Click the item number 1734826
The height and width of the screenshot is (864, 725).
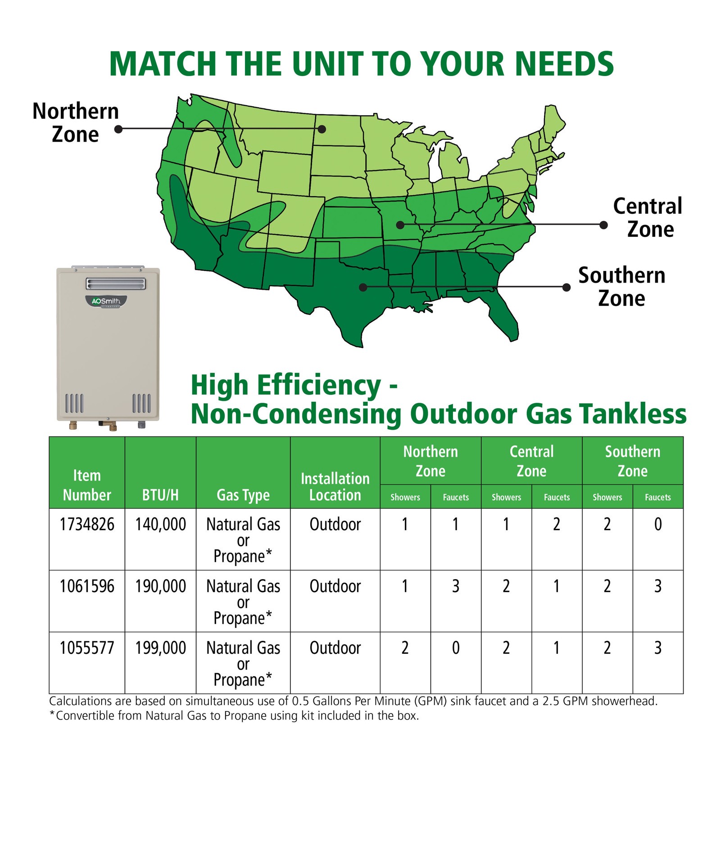[x=87, y=524]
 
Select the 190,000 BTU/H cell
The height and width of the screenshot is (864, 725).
[x=160, y=586]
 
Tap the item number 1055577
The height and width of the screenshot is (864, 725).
[x=87, y=648]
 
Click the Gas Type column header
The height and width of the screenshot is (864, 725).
[x=243, y=495]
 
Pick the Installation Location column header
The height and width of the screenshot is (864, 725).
[x=335, y=486]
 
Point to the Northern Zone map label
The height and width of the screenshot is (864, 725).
[x=76, y=123]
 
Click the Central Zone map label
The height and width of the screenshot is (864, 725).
[x=648, y=218]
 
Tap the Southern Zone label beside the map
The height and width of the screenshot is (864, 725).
[x=622, y=287]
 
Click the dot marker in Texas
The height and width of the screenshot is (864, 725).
[x=363, y=287]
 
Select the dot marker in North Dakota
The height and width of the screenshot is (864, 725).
[x=322, y=129]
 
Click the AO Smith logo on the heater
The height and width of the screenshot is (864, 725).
[x=106, y=301]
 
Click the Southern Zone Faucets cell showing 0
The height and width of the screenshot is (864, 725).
[x=658, y=524]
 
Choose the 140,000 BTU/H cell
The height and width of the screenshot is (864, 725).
[x=160, y=524]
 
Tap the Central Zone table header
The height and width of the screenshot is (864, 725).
[x=531, y=461]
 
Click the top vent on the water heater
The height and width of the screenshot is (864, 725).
[x=116, y=283]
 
